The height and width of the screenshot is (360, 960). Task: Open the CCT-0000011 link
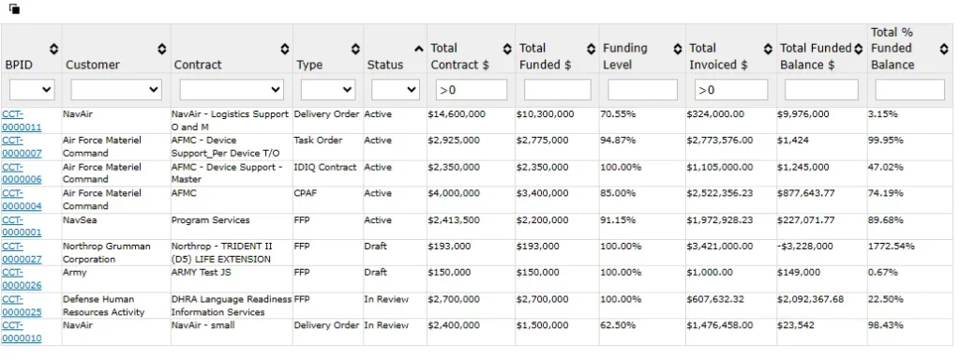tap(21, 119)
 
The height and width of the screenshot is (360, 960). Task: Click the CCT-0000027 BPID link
tap(21, 251)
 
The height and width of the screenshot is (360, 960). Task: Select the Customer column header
tap(92, 65)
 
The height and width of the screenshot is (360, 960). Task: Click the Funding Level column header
tap(624, 56)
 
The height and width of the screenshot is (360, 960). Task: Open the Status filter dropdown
tap(395, 90)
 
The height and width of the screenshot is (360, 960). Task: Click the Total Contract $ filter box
tap(469, 90)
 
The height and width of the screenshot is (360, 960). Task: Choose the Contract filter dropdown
tap(232, 90)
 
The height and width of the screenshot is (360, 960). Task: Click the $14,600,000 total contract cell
tap(457, 113)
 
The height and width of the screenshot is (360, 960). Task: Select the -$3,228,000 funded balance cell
tap(809, 247)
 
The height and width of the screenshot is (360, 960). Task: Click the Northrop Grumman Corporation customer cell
tap(106, 252)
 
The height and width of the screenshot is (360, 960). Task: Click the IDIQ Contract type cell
tap(325, 167)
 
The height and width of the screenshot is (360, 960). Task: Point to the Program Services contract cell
tap(210, 220)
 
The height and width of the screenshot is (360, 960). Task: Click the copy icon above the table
tap(15, 9)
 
